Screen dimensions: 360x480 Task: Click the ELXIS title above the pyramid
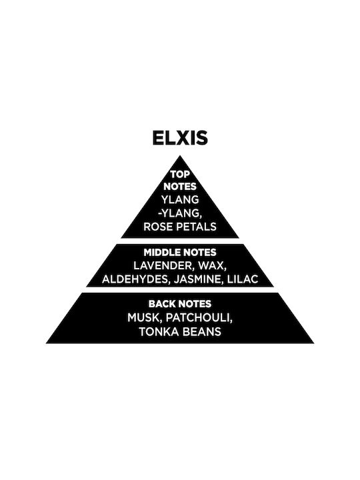tap(180, 138)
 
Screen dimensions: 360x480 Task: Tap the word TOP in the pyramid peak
tap(180, 174)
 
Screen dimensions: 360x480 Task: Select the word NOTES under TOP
tap(180, 187)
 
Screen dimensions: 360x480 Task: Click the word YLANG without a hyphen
tap(180, 199)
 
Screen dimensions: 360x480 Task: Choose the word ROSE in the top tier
tap(157, 227)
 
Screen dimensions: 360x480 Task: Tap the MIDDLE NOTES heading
tap(180, 253)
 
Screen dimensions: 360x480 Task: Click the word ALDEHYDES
tap(136, 279)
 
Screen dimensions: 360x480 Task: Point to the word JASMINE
tap(199, 279)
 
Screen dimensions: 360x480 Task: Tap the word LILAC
tap(243, 279)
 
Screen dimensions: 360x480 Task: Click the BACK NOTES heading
tap(180, 304)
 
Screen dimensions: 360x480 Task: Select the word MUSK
tap(145, 318)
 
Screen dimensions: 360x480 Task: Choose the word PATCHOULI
tap(199, 318)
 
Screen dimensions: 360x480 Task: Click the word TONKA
tap(157, 331)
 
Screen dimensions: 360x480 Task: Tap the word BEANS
tap(201, 331)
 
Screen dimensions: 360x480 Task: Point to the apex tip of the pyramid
tap(180, 155)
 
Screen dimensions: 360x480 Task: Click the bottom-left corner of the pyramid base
tap(46, 343)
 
